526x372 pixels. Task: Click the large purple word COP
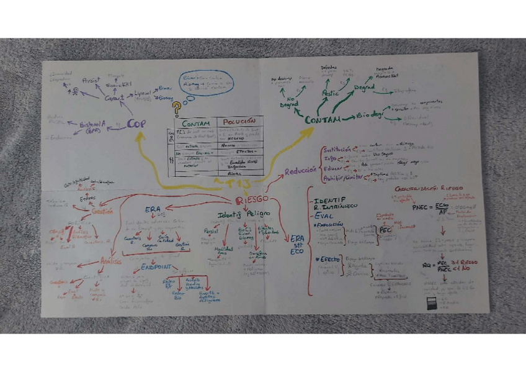(x=136, y=124)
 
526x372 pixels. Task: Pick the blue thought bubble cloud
(x=207, y=83)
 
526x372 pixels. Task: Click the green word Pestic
(x=329, y=93)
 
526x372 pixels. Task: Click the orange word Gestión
(x=102, y=211)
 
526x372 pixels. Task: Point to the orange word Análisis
(x=111, y=261)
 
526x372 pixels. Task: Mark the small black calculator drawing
(x=432, y=304)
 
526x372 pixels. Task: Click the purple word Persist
(x=91, y=80)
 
